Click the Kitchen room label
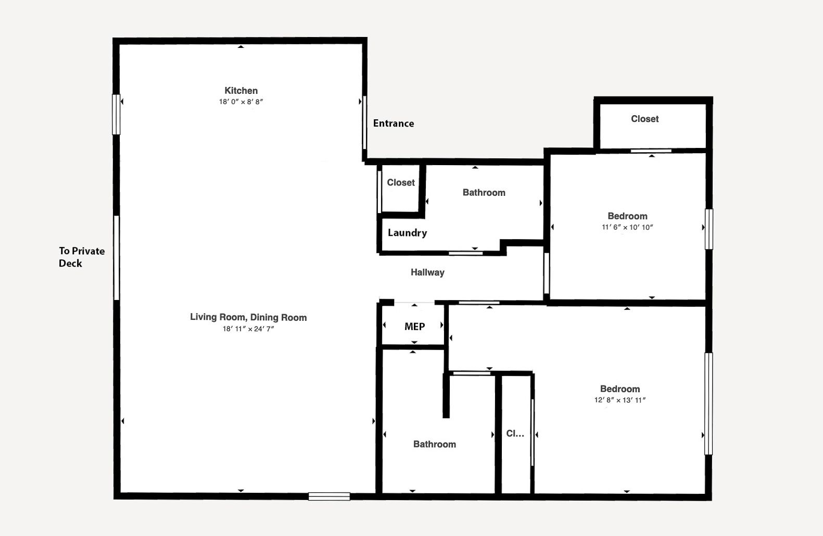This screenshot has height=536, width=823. pos(241,91)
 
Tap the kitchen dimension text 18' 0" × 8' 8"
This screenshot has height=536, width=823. pos(241,102)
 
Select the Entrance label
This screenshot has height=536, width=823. pos(394,123)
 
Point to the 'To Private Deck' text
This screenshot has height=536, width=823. pos(82,257)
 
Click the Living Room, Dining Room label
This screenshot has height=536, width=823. pos(248,317)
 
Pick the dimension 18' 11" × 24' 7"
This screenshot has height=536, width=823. pos(248,329)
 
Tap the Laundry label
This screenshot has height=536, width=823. pos(408,233)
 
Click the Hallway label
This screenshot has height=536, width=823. pos(427,272)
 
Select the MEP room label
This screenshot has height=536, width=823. pos(414,327)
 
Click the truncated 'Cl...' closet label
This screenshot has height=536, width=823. pos(515,433)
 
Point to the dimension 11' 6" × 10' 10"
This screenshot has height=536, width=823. pos(627,228)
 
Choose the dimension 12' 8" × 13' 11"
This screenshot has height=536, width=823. pos(620,401)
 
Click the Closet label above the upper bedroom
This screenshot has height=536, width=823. pos(645,119)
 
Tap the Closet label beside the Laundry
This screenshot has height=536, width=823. pos(401,182)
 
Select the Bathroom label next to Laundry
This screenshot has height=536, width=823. pos(484,193)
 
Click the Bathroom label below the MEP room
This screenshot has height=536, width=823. pos(435,444)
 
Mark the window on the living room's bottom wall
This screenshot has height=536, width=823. pos(329,496)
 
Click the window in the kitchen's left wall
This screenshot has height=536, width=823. pos(116,114)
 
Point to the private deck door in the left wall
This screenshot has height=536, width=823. pos(117,258)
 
